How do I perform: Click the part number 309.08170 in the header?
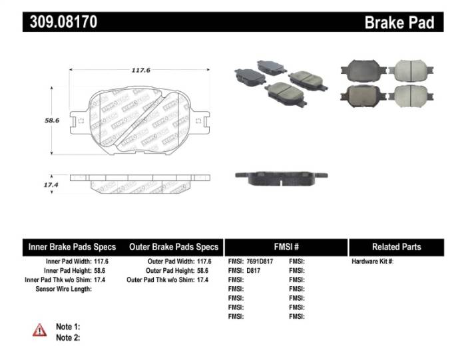[64, 21]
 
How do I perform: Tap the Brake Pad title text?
[399, 22]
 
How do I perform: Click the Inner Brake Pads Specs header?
[72, 247]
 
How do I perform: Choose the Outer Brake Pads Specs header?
[173, 247]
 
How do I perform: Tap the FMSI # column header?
[286, 247]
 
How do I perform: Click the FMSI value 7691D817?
[264, 262]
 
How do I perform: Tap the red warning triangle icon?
[39, 329]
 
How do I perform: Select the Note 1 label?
[68, 327]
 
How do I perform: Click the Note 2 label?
[68, 337]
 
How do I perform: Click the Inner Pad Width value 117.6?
[101, 262]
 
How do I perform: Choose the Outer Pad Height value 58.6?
[204, 271]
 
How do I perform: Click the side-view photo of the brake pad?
[281, 177]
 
